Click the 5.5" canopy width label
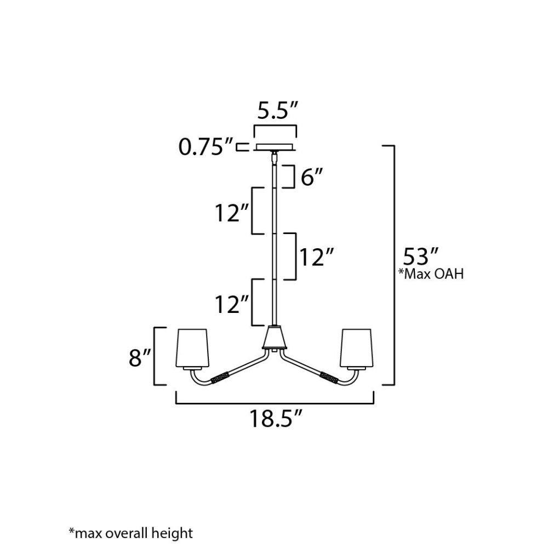pyautogui.click(x=277, y=111)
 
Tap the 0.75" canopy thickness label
pyautogui.click(x=206, y=147)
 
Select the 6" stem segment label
pyautogui.click(x=312, y=177)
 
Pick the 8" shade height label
pyautogui.click(x=139, y=358)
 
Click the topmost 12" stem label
pyautogui.click(x=232, y=213)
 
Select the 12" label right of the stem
pyautogui.click(x=317, y=257)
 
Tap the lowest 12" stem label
pyautogui.click(x=232, y=304)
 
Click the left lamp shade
pyautogui.click(x=192, y=349)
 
